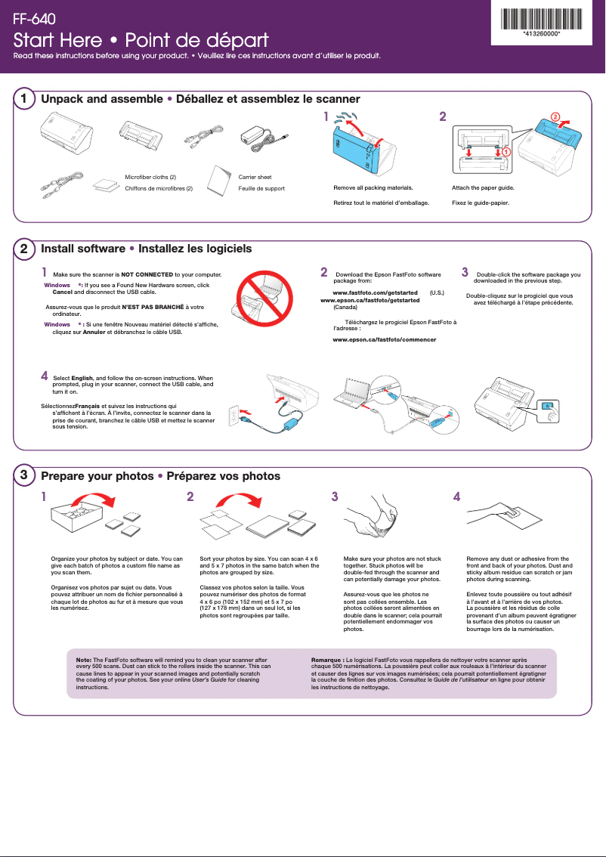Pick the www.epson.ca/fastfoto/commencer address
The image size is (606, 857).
[x=385, y=340]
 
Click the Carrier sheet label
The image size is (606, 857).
[x=255, y=177]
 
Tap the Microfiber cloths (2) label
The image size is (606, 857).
[x=150, y=177]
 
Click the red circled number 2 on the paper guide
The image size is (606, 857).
[x=555, y=118]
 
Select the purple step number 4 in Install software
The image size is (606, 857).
[x=45, y=376]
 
